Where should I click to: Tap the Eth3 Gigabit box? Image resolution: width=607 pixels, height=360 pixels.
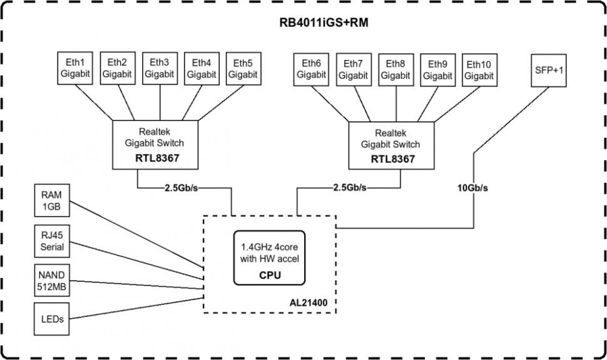pos(160,68)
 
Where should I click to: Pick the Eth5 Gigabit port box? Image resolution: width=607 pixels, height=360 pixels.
pos(243,68)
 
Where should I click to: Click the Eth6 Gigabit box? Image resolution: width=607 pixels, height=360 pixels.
pos(312,69)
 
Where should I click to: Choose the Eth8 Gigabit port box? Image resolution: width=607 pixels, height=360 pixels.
pos(395,69)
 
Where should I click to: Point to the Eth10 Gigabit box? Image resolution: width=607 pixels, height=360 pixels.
pos(479,69)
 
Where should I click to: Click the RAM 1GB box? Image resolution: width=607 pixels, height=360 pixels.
pos(52,202)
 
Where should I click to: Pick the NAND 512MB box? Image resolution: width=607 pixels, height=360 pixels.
pos(52,280)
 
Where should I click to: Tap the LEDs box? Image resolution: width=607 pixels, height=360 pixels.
pos(52,319)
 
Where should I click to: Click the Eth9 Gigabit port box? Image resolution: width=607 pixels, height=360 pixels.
pos(438,69)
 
